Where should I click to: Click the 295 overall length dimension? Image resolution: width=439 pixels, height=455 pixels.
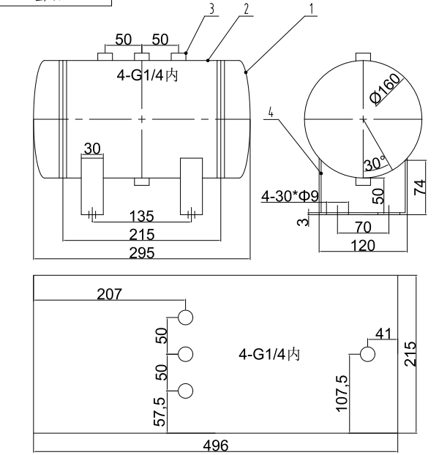tap(142, 252)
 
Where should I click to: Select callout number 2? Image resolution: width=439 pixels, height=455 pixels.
tap(247, 9)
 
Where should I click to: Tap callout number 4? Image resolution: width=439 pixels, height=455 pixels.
tap(271, 113)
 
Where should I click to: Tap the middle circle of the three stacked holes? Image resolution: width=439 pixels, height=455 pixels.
tap(185, 354)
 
